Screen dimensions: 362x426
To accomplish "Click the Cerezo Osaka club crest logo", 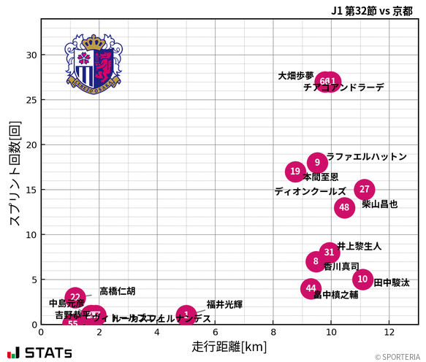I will [x=94, y=63].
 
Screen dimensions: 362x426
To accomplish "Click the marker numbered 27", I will [x=365, y=189].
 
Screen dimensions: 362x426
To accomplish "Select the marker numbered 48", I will [x=345, y=207].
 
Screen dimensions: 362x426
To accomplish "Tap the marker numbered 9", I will [x=317, y=162].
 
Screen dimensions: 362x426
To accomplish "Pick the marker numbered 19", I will [x=295, y=172].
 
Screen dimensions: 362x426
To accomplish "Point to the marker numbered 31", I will [x=330, y=253].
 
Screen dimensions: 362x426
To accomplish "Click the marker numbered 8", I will [x=316, y=261].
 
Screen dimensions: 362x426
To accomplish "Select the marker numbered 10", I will [x=362, y=279].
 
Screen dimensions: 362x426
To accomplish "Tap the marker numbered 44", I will [x=311, y=288].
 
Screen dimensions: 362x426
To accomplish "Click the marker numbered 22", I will [x=75, y=298].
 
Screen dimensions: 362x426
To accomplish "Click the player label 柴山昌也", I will [x=380, y=204].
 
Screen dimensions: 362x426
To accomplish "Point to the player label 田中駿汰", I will [x=392, y=282].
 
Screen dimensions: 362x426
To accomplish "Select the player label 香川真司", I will [x=341, y=267].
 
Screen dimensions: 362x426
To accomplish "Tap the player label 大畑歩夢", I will [x=296, y=76].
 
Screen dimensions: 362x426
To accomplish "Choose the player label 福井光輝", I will [x=224, y=304].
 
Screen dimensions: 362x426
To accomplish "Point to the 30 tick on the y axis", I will [x=31, y=55].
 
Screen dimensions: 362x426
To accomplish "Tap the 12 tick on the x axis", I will [x=389, y=332].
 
